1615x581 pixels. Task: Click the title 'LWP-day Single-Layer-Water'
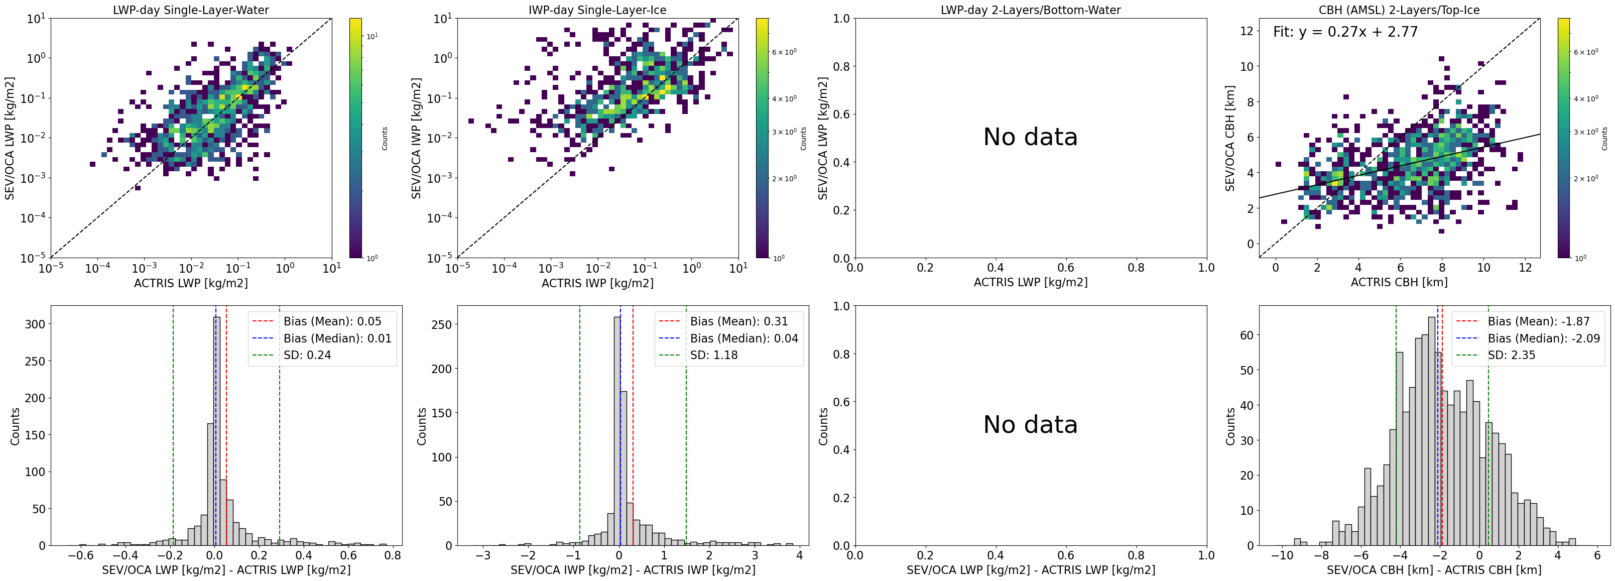coord(191,10)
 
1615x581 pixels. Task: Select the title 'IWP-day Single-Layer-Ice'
coord(597,10)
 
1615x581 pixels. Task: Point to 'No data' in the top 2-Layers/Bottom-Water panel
coord(1030,137)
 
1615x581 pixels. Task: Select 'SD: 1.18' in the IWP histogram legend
coord(713,355)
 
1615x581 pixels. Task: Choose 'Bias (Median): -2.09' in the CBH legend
coord(1544,338)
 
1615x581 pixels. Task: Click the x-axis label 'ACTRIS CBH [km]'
coord(1399,282)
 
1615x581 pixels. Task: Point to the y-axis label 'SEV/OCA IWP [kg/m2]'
coord(416,139)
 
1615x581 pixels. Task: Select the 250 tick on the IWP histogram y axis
coord(442,324)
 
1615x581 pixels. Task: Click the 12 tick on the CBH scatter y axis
coord(1247,31)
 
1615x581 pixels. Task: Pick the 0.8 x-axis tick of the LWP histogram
coord(393,555)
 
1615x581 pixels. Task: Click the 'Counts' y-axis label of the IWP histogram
coord(421,427)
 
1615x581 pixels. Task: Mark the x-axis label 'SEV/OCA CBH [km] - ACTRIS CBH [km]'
coord(1434,570)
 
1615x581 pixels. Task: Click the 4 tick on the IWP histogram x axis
coord(799,555)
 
